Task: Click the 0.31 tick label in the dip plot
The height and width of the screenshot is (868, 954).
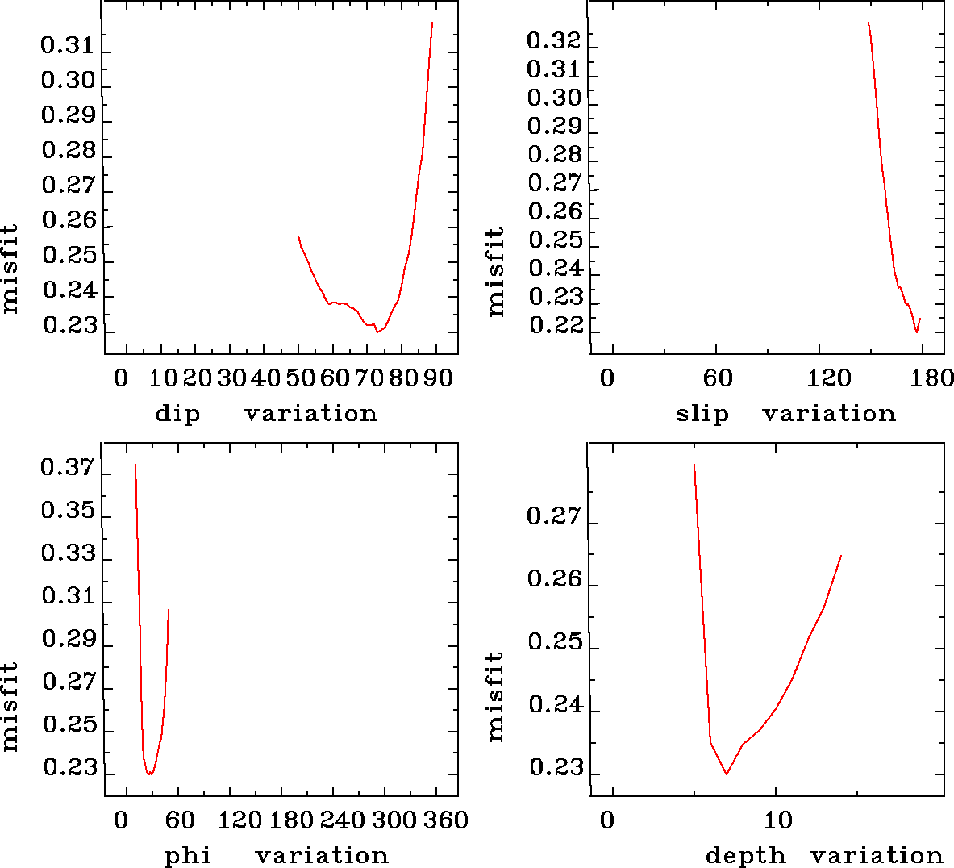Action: pyautogui.click(x=68, y=45)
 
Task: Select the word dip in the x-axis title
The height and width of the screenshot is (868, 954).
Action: pyautogui.click(x=177, y=414)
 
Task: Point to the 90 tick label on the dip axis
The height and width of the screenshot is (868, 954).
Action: pyautogui.click(x=440, y=378)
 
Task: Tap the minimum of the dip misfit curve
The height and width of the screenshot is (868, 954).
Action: pyautogui.click(x=377, y=332)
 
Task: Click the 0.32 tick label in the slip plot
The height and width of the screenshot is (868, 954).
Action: pyautogui.click(x=554, y=40)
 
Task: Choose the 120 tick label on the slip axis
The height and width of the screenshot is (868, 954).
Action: pyautogui.click(x=830, y=378)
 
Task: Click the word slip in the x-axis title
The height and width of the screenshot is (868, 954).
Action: pyautogui.click(x=702, y=414)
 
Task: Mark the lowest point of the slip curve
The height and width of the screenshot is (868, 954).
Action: pyautogui.click(x=917, y=332)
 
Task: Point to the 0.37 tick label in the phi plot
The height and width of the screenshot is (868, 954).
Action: pyautogui.click(x=68, y=468)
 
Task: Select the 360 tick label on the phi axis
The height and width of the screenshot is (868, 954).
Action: pyautogui.click(x=445, y=820)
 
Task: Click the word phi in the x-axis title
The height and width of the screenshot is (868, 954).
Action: pyautogui.click(x=188, y=855)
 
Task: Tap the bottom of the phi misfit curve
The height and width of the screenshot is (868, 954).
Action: pyautogui.click(x=150, y=774)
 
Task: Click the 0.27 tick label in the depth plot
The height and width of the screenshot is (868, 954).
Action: pyautogui.click(x=554, y=516)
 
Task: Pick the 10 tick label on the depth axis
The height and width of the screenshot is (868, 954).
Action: pyautogui.click(x=778, y=820)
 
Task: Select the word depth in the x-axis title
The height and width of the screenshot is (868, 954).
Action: pyautogui.click(x=745, y=855)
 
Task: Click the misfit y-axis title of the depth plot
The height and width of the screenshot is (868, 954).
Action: pyautogui.click(x=495, y=696)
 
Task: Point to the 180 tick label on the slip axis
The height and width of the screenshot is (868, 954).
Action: pyautogui.click(x=935, y=378)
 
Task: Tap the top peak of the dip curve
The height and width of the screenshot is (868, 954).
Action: pyautogui.click(x=432, y=23)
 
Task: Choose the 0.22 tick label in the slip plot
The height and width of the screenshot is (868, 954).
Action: pyautogui.click(x=556, y=325)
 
